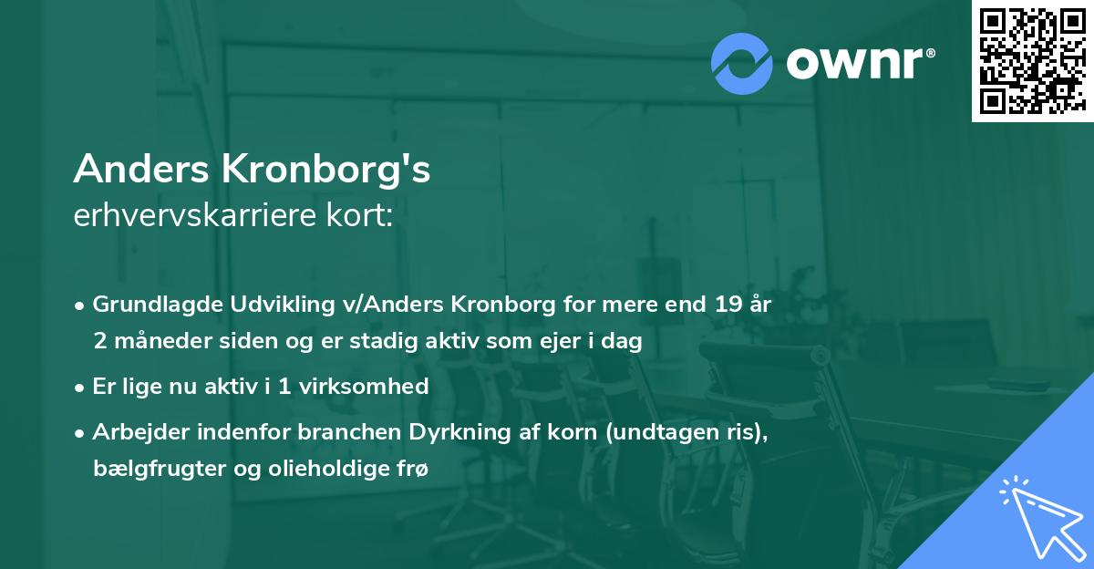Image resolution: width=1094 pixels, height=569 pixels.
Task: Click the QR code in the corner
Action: [1032, 61]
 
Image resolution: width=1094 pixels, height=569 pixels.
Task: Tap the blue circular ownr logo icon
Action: [742, 63]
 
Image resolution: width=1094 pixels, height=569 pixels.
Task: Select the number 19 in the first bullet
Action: [721, 305]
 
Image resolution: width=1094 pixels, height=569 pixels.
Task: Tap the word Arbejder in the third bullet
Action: [134, 431]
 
